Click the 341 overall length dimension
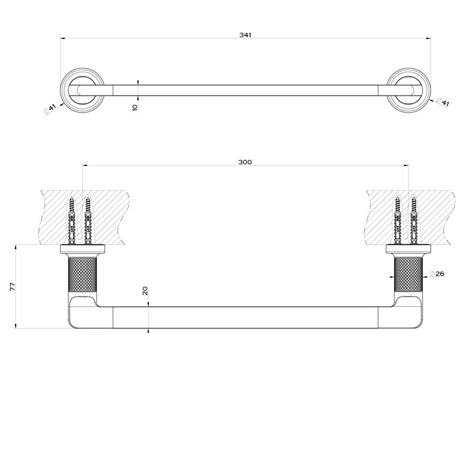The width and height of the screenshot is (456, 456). pos(246,34)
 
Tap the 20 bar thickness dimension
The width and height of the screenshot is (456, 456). pos(145,292)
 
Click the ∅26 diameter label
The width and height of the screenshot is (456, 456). pos(436,274)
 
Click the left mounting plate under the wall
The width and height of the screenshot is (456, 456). pos(83,249)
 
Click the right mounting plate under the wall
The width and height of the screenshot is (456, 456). pos(409,249)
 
